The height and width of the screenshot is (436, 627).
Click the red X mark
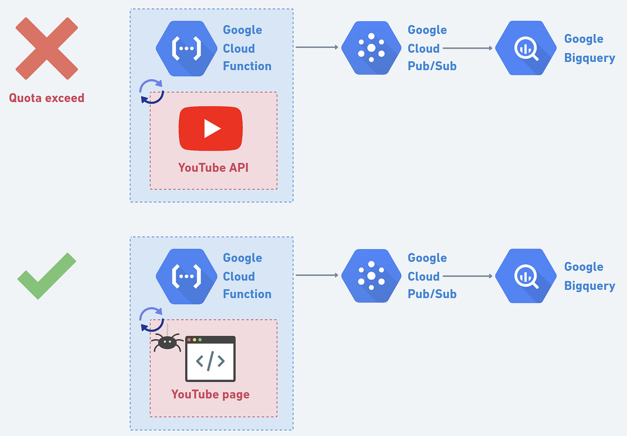click(47, 49)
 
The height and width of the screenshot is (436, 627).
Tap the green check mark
click(47, 277)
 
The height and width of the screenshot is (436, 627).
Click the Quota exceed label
click(47, 98)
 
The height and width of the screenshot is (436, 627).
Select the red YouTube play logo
click(211, 128)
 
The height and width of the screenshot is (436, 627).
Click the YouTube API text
click(213, 168)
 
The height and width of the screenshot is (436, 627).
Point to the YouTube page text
click(210, 395)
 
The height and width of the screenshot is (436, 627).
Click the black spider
click(167, 343)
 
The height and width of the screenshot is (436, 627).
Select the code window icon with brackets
click(210, 359)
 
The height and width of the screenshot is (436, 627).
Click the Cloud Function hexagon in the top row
click(186, 48)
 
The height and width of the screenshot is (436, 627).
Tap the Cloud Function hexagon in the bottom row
click(186, 276)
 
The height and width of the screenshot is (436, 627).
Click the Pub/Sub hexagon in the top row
click(371, 48)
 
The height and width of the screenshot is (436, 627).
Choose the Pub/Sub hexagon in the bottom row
click(371, 276)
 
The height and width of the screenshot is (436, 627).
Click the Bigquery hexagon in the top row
click(526, 48)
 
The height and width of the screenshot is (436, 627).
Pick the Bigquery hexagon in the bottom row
click(526, 276)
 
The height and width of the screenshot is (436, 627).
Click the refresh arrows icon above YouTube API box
click(152, 92)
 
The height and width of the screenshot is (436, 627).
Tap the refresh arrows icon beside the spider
click(152, 319)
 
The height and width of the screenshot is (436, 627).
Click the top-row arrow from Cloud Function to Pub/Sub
click(317, 47)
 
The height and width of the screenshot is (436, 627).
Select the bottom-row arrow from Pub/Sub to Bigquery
click(468, 276)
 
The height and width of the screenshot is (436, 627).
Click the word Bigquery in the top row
click(590, 58)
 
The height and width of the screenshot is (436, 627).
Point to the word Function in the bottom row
click(247, 294)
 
